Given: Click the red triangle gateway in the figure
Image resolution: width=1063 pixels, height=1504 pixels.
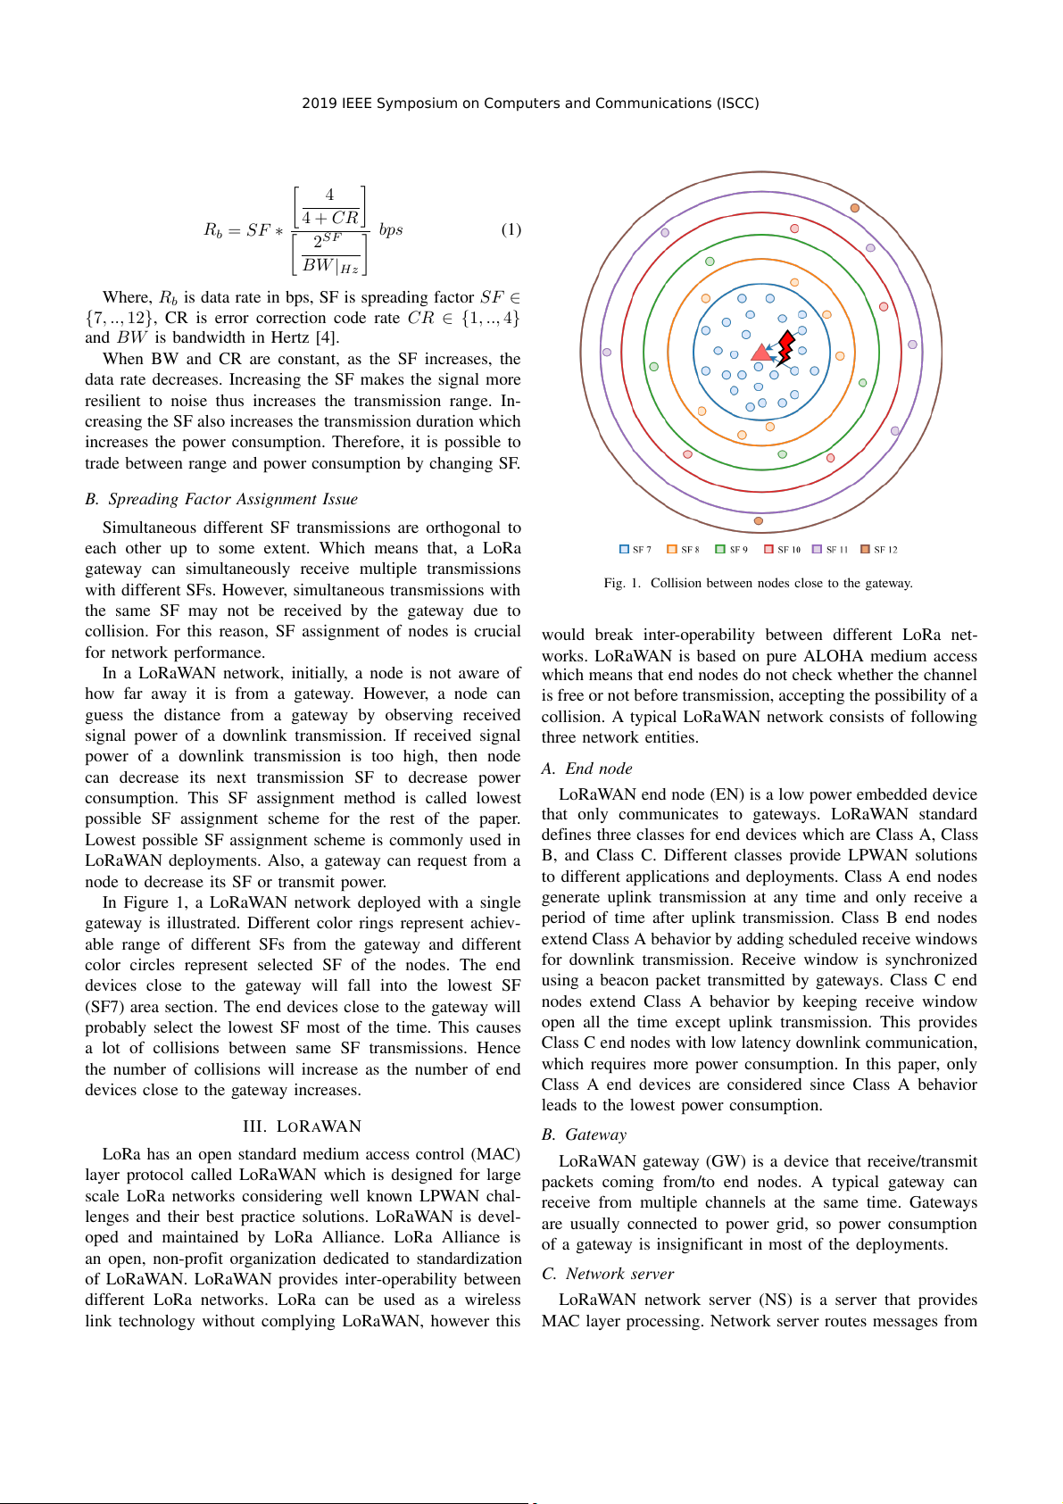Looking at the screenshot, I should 760,353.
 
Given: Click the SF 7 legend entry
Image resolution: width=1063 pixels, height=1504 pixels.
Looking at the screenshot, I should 635,550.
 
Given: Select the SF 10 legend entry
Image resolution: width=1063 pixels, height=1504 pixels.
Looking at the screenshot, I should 782,550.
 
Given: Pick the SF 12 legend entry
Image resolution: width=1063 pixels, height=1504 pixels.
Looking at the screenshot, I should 879,550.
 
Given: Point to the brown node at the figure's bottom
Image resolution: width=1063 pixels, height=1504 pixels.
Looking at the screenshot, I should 759,520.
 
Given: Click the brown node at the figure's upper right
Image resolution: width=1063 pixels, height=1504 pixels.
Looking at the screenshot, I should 854,208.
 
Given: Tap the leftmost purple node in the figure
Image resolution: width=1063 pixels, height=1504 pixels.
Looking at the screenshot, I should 607,353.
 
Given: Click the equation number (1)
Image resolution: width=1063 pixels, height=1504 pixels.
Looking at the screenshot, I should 511,230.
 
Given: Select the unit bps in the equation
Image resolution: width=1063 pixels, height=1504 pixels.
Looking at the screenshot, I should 391,230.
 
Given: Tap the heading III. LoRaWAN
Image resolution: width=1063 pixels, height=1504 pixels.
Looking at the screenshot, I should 302,1126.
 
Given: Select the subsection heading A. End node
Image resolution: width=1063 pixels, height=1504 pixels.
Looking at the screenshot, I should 586,769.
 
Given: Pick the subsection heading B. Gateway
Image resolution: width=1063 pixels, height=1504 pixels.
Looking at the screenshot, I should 584,1134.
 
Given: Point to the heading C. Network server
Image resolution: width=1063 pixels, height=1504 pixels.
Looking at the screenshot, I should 608,1274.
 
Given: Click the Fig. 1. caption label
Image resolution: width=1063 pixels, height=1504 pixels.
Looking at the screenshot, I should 622,584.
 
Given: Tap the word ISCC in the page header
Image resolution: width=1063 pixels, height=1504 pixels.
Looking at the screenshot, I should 738,104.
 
